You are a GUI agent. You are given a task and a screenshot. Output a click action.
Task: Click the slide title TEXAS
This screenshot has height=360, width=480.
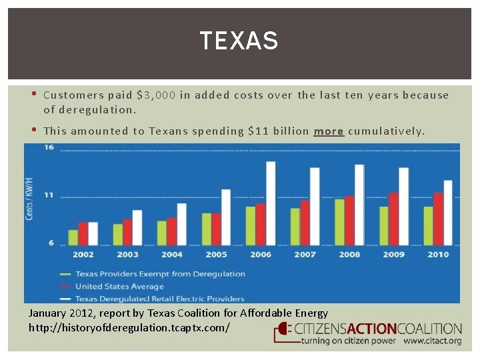[239, 41]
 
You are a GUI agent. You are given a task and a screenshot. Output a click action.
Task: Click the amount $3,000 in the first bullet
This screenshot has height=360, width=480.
[156, 95]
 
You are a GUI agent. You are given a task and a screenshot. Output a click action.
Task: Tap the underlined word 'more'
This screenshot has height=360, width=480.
[329, 131]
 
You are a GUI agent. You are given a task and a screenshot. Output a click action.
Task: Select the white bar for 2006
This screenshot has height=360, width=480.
[271, 203]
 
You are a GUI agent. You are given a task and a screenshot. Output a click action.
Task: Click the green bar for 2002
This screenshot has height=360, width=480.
[73, 237]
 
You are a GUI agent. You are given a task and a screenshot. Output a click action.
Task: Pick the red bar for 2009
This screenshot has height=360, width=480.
[393, 219]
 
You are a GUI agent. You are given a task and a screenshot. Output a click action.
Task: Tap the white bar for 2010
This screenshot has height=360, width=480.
[448, 213]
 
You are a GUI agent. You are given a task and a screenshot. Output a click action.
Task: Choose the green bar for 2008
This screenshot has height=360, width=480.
[339, 222]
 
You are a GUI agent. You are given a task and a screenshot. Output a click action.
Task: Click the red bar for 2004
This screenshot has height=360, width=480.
[172, 231]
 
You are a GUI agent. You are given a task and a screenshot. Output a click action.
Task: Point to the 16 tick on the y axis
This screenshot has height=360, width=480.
[49, 148]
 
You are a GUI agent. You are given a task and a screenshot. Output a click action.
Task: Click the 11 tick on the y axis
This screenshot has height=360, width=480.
[49, 195]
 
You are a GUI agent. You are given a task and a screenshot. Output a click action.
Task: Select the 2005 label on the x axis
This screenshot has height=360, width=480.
[216, 255]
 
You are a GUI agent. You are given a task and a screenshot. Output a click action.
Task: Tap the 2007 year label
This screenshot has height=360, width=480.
[305, 255]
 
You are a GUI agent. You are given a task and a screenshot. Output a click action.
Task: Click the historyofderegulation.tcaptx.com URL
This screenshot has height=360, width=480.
[129, 328]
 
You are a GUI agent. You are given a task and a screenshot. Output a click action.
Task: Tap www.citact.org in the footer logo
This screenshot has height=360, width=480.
[432, 341]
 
